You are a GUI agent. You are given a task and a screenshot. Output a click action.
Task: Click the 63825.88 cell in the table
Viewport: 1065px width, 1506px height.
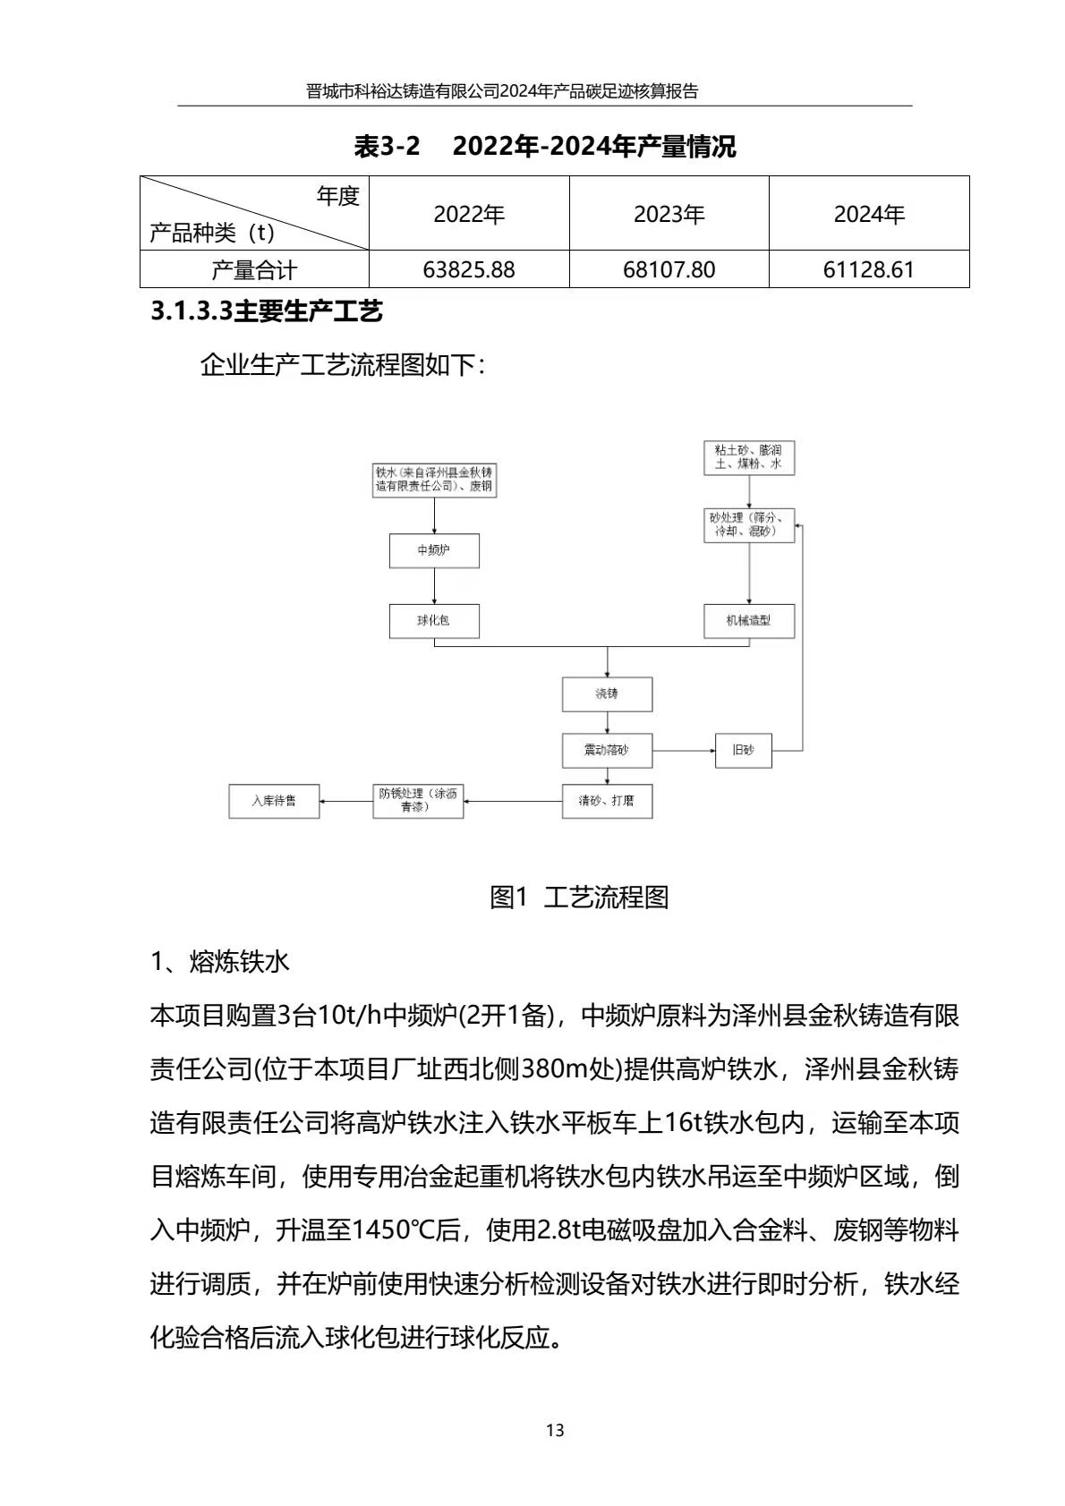[469, 269]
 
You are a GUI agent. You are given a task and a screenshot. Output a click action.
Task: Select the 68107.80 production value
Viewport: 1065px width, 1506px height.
[669, 269]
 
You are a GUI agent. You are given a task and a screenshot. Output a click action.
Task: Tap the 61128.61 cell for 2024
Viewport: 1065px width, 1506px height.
[868, 269]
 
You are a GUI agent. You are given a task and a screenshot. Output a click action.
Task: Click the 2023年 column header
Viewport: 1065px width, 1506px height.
[669, 215]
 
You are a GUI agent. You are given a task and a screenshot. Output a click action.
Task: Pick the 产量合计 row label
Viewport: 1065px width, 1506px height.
[254, 269]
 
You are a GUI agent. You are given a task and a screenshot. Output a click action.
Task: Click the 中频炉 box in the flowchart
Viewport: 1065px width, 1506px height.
[434, 550]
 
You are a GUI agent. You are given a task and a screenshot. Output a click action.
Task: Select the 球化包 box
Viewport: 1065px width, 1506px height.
[434, 620]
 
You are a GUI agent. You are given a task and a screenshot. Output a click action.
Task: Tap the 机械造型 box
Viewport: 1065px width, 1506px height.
[749, 620]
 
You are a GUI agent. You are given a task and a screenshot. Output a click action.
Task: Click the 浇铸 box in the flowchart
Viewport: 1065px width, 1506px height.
[607, 693]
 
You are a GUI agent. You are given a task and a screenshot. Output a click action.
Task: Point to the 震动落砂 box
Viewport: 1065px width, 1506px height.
[607, 750]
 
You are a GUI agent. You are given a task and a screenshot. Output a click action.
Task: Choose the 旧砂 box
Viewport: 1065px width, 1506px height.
[744, 750]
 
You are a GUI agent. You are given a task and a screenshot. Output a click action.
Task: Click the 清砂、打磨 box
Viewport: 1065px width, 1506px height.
[607, 801]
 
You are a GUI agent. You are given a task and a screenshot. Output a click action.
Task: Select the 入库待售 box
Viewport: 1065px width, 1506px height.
[274, 801]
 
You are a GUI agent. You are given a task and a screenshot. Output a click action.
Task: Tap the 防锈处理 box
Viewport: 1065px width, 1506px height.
[418, 801]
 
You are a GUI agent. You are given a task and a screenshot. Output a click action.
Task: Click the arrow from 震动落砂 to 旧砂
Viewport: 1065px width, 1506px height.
[684, 750]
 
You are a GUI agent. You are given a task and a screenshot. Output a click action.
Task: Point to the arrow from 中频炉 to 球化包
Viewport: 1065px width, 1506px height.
[434, 586]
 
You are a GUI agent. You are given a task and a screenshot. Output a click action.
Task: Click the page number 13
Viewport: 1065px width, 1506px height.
[555, 1430]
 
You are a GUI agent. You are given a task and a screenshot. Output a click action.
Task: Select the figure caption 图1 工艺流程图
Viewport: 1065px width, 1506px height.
[579, 897]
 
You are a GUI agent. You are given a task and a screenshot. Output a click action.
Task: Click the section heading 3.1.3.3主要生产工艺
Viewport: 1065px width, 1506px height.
[267, 311]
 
